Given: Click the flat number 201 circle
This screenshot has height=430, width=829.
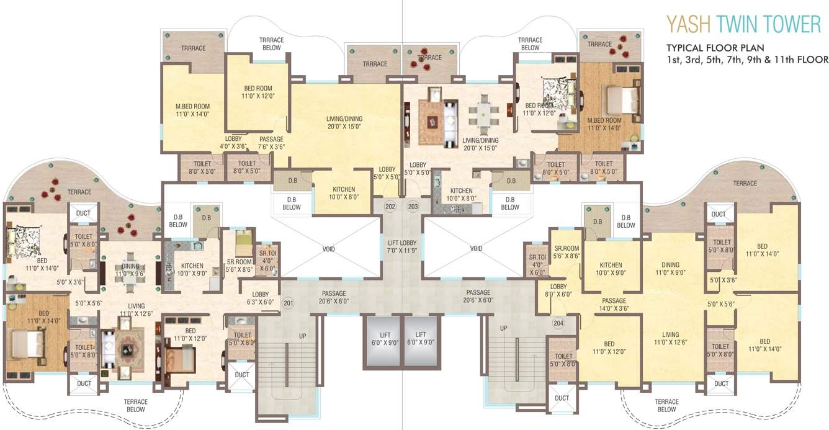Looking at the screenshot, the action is pyautogui.click(x=289, y=303).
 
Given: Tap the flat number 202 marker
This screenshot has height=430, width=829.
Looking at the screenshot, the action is pyautogui.click(x=390, y=207).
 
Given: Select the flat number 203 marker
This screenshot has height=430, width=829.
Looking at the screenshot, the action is pyautogui.click(x=413, y=207).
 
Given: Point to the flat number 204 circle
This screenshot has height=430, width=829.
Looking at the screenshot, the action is pyautogui.click(x=558, y=323).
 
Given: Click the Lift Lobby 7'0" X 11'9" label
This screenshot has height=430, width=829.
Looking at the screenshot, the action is pyautogui.click(x=402, y=246).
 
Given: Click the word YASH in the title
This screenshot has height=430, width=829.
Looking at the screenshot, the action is pyautogui.click(x=689, y=24).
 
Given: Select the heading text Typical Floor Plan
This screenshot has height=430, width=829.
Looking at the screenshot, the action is pyautogui.click(x=715, y=48).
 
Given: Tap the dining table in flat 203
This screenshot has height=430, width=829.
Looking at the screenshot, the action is pyautogui.click(x=484, y=115).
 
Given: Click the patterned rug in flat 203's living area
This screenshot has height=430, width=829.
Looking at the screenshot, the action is pyautogui.click(x=431, y=122).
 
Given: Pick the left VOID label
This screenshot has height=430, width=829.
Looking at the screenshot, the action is pyautogui.click(x=329, y=249).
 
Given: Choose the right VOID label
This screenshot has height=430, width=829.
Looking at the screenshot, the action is pyautogui.click(x=477, y=248).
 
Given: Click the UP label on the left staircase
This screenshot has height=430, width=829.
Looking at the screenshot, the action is pyautogui.click(x=303, y=336).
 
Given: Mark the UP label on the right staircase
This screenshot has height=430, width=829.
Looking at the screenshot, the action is pyautogui.click(x=504, y=328).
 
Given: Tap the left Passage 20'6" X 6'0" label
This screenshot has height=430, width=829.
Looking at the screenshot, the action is pyautogui.click(x=334, y=297).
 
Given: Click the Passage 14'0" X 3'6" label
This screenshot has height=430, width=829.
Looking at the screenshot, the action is pyautogui.click(x=614, y=305).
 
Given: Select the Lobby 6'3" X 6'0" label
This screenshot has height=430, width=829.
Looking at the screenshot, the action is pyautogui.click(x=261, y=298).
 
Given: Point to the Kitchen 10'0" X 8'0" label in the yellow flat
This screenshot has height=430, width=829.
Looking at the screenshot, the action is pyautogui.click(x=344, y=193).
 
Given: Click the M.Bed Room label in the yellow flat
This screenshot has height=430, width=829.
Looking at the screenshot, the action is pyautogui.click(x=192, y=110).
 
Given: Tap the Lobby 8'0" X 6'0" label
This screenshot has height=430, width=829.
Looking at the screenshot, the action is pyautogui.click(x=558, y=290).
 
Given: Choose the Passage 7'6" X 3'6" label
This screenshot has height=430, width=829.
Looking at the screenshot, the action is pyautogui.click(x=271, y=143).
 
